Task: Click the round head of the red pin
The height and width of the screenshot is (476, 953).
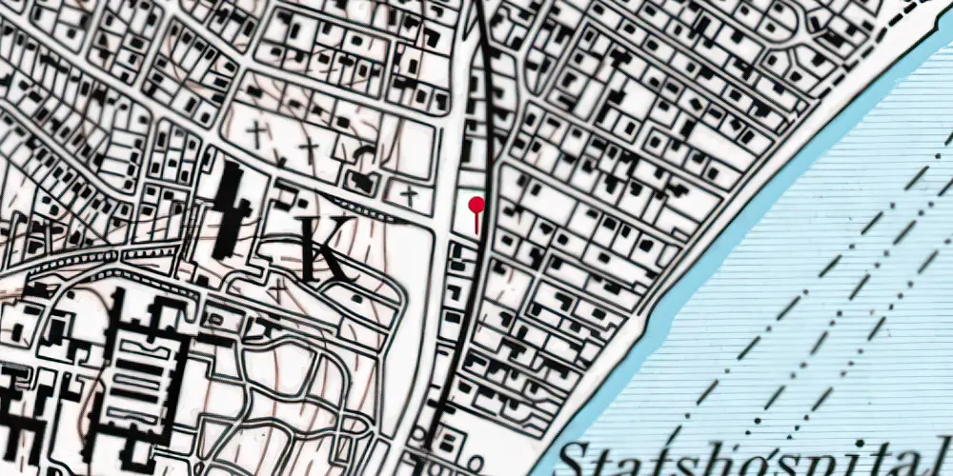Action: click(x=476, y=204)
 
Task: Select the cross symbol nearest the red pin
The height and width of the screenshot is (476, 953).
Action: click(x=409, y=196)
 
